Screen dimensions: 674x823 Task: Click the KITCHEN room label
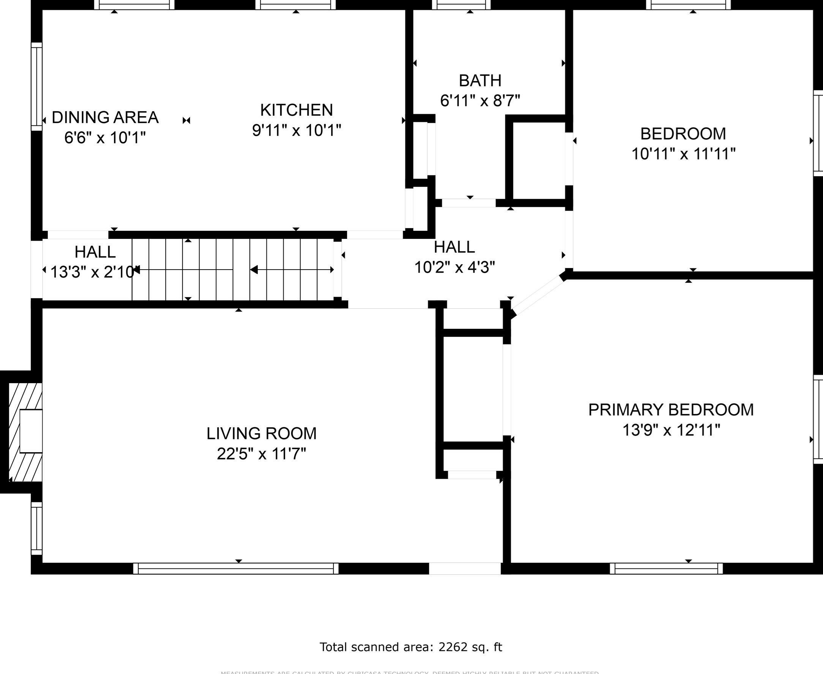coord(297,110)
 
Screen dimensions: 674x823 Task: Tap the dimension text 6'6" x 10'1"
coord(105,137)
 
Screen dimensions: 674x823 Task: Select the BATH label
coord(480,81)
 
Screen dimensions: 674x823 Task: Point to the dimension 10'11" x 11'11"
coord(683,154)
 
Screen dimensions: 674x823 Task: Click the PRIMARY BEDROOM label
coord(671,410)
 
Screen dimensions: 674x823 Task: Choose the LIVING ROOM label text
coord(261,433)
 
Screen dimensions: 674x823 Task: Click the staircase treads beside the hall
coord(233,270)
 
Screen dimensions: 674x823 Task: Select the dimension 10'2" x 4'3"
coord(454,267)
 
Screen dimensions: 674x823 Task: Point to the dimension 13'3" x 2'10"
coord(92,272)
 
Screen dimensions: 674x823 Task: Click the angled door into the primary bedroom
coord(538,295)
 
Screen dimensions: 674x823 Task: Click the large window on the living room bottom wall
coord(236,568)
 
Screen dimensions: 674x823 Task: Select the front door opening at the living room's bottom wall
coord(465,568)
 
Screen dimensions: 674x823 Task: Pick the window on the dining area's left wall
coord(36,87)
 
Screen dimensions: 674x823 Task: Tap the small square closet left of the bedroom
coord(539,161)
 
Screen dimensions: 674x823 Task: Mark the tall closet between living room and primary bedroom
coord(473,388)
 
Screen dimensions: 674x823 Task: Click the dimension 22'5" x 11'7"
coord(261,453)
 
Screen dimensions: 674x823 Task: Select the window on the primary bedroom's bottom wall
coord(666,568)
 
